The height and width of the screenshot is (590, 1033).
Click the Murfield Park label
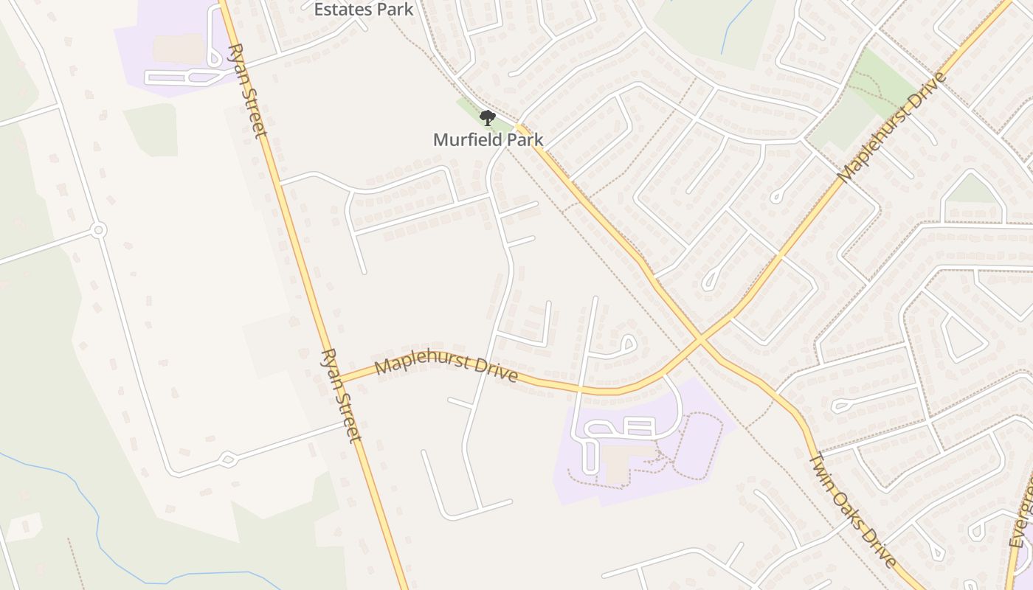(488, 139)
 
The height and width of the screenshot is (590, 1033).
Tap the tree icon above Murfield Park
(487, 118)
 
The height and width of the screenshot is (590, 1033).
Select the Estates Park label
(364, 10)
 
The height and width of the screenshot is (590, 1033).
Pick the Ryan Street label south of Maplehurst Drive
(341, 395)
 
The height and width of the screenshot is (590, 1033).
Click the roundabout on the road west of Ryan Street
(98, 231)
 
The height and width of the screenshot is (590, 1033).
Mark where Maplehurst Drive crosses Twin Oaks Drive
(699, 341)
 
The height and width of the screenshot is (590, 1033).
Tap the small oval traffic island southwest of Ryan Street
(227, 459)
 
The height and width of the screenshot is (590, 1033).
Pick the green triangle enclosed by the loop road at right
(972, 191)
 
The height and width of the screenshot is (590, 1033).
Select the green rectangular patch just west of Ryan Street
(151, 130)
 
